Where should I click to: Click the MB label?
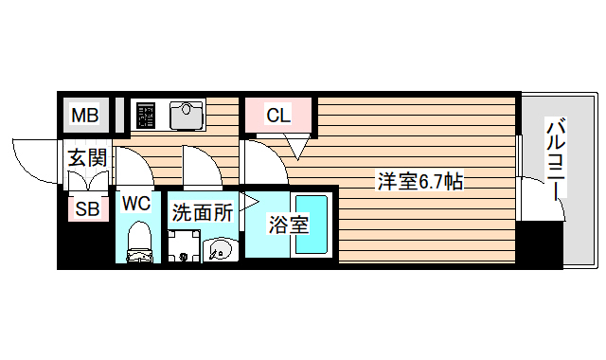85,117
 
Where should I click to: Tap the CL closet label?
277,117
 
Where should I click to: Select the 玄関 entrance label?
85,157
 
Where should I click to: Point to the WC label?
136,202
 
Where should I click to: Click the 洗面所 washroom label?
202,212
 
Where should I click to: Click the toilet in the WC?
138,241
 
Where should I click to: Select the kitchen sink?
187,116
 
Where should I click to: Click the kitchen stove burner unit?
145,116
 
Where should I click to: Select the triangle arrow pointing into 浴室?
249,202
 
